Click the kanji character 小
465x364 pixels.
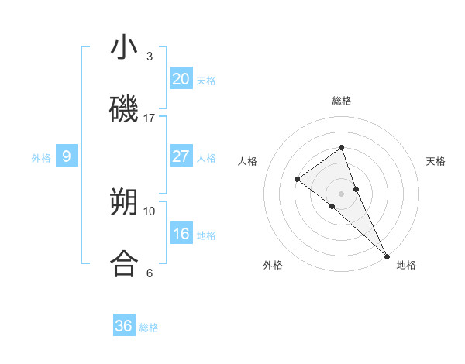125,48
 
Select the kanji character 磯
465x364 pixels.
125,109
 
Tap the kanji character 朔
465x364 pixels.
125,202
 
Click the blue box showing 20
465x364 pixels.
181,79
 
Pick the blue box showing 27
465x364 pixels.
181,156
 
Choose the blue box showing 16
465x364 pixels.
181,234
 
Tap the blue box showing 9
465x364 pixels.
67,156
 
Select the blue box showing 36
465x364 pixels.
124,326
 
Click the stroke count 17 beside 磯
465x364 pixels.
150,118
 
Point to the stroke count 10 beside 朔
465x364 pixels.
150,211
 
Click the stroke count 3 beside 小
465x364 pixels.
150,57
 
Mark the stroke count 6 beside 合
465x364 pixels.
150,273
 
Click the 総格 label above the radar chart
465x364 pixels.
342,101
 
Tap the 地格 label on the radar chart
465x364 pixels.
406,265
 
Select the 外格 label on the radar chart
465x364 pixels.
273,265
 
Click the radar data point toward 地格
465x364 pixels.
386,255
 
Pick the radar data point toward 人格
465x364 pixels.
297,179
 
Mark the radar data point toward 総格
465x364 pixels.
341,147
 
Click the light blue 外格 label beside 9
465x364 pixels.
41,157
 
